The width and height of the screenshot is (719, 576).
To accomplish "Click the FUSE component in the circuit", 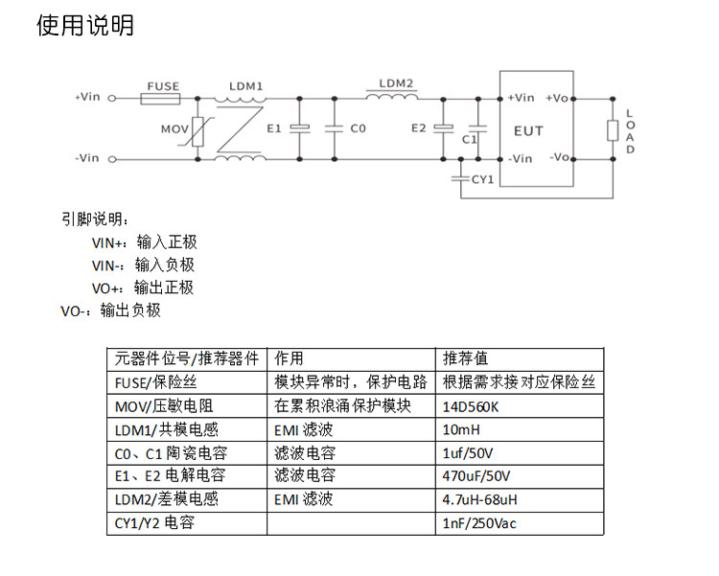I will (x=161, y=98).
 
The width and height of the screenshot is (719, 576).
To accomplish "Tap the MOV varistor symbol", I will (x=198, y=129).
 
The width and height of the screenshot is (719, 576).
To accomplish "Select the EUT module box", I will (x=536, y=129).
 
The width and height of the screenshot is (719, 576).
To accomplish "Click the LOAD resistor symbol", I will (x=612, y=131).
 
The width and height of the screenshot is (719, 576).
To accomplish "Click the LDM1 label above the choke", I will (x=245, y=85).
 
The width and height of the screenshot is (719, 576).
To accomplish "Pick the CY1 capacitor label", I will (x=481, y=178).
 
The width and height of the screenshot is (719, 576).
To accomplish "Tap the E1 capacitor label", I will (x=275, y=127).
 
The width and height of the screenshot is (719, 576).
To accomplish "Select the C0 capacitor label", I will (x=357, y=127).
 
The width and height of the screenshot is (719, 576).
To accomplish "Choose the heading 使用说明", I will (x=84, y=26).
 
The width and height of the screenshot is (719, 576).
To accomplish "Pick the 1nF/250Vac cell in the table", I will (x=480, y=523).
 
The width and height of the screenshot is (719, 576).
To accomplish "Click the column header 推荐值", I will (x=465, y=359).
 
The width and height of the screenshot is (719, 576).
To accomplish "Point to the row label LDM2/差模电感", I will (x=167, y=499).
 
